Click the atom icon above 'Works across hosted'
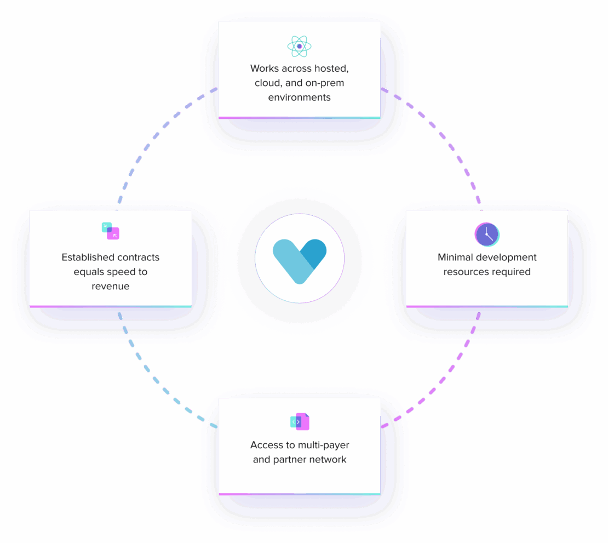[x=299, y=47]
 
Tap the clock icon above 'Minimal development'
[x=487, y=235]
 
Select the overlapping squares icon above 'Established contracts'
[x=111, y=231]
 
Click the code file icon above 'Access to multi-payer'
[x=300, y=422]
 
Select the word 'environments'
[x=299, y=98]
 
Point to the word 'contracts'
[x=139, y=257]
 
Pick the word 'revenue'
[x=111, y=286]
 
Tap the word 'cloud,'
[x=268, y=83]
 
